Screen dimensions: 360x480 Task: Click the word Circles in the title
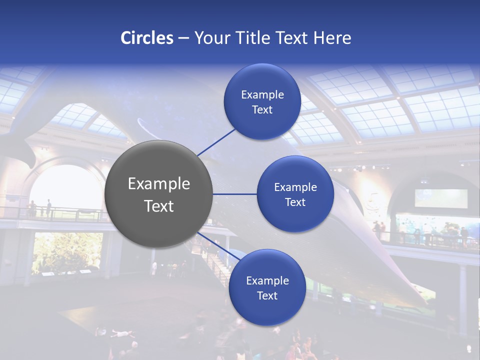[x=147, y=38]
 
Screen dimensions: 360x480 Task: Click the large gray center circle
[x=158, y=194]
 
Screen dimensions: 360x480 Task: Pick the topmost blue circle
[x=262, y=102]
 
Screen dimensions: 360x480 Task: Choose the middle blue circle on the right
[x=295, y=194]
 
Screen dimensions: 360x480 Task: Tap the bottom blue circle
[x=267, y=288]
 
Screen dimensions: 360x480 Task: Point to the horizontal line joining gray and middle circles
[x=234, y=194]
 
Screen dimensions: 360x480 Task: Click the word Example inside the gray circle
[x=158, y=184]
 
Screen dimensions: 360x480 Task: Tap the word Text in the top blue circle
[x=262, y=109]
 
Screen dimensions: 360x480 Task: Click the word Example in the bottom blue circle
[x=267, y=280]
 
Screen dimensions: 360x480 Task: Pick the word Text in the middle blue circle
[x=295, y=202]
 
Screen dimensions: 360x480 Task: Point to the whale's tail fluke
[x=20, y=145]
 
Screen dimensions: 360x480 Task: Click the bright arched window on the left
[x=65, y=190]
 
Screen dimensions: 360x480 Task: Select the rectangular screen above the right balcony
[x=441, y=198]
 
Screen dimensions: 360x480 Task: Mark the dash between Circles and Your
[x=183, y=38]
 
